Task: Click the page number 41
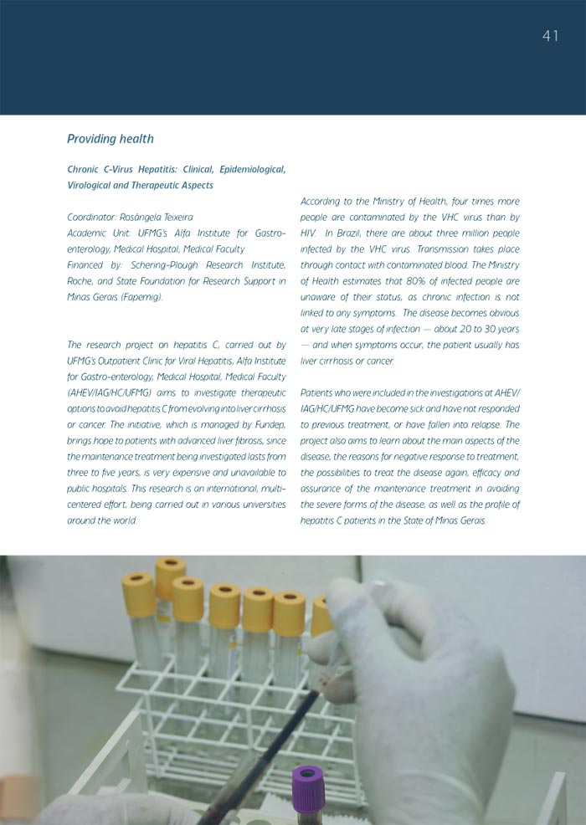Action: point(550,36)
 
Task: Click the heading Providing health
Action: point(110,139)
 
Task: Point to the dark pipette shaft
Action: point(260,753)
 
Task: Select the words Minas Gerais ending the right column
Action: point(453,520)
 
